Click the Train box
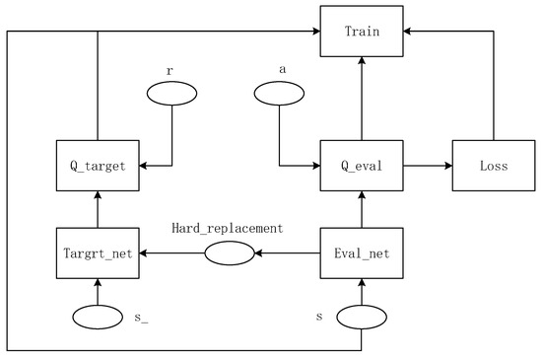point(362,31)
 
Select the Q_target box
point(96,166)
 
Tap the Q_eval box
point(362,166)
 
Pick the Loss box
point(493,166)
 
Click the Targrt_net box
point(96,253)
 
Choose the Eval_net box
point(362,253)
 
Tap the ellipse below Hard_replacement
point(230,253)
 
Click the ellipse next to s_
point(97,319)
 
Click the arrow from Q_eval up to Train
point(362,99)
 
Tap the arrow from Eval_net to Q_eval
point(362,209)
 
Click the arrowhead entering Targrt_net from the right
point(144,253)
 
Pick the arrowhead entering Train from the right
point(411,31)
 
